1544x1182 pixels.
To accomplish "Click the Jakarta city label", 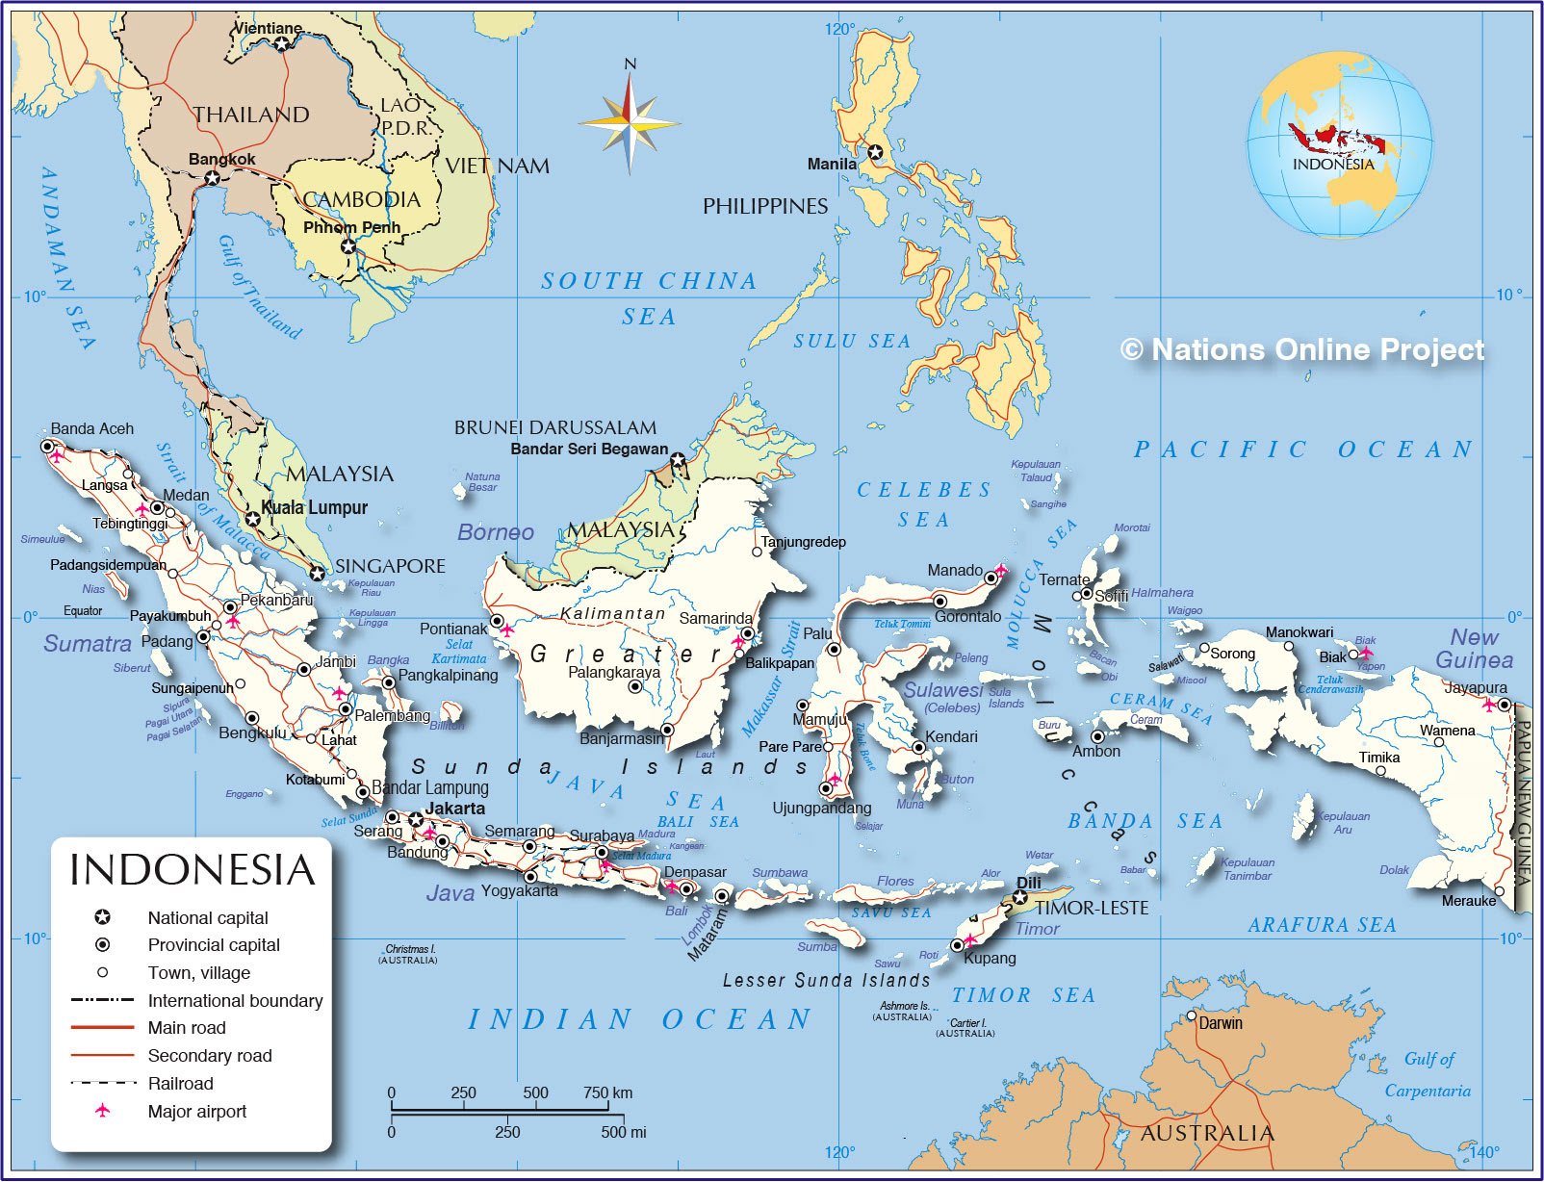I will pos(455,809).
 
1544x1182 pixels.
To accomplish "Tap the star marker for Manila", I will pos(875,152).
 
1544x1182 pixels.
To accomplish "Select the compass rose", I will pos(630,123).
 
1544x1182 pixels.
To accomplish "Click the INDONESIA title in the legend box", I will pos(193,870).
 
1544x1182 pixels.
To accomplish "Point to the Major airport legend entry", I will pos(196,1112).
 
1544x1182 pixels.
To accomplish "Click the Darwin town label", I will pos(1220,1023).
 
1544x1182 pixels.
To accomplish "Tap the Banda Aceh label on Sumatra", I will pos(91,429).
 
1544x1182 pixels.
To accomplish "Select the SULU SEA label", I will pos(851,342).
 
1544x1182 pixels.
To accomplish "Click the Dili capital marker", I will pos(1020,898).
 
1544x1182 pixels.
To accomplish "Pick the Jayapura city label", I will pos(1475,687).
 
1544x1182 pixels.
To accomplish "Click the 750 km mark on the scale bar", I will pos(607,1092).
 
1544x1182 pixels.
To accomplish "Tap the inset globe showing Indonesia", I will pos(1339,144).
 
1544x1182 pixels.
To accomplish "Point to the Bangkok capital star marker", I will pos(213,178).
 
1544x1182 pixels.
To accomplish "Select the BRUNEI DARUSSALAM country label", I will pos(555,427).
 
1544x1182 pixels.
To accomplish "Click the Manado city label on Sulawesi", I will pos(955,571).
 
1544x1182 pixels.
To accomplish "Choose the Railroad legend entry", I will pos(180,1084).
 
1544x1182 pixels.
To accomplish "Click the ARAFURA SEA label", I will pos(1322,925).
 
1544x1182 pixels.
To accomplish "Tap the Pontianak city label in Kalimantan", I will pos(453,630).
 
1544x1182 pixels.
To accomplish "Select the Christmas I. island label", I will pos(408,949).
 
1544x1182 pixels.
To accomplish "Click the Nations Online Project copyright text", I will pos(1303,349).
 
